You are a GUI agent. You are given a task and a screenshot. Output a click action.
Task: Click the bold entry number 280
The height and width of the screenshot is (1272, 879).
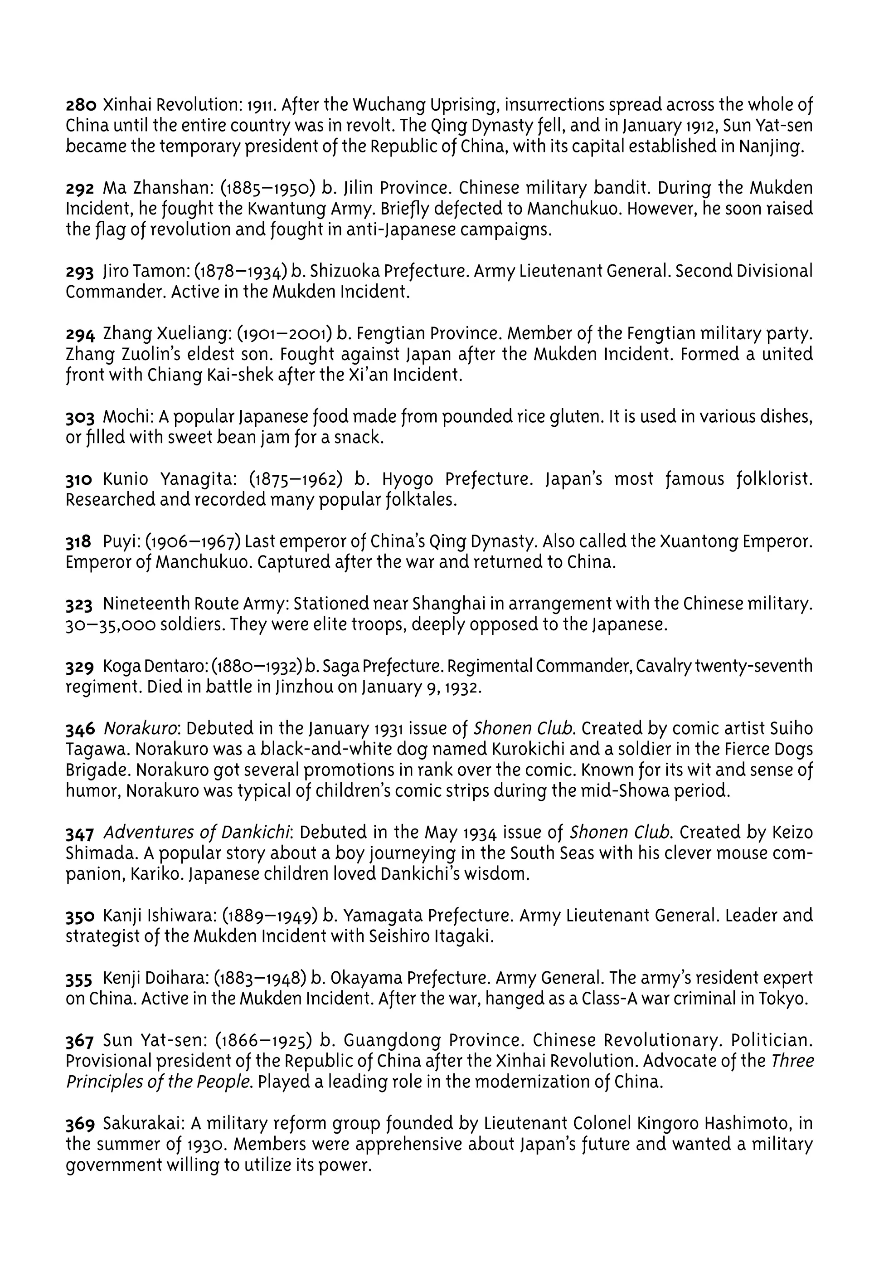tap(81, 105)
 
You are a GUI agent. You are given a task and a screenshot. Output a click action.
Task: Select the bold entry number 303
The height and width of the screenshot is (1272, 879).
tap(80, 417)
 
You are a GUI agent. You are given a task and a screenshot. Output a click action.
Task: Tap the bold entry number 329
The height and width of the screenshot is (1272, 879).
tap(80, 667)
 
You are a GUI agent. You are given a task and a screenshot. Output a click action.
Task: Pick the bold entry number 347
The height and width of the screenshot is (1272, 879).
tap(80, 833)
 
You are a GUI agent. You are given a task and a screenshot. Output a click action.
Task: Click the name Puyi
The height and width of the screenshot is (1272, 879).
tap(121, 542)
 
